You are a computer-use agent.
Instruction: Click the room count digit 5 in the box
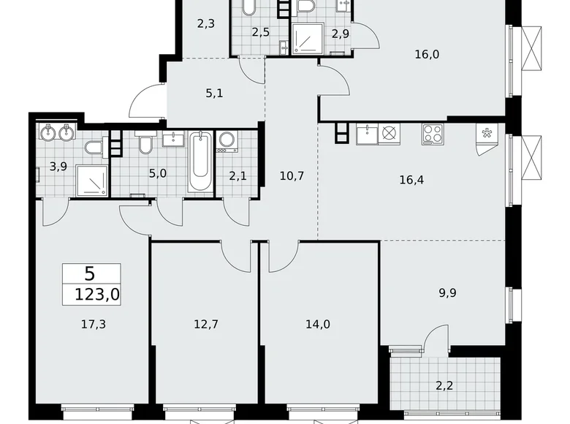89,274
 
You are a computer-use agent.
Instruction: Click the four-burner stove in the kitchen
432,134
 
